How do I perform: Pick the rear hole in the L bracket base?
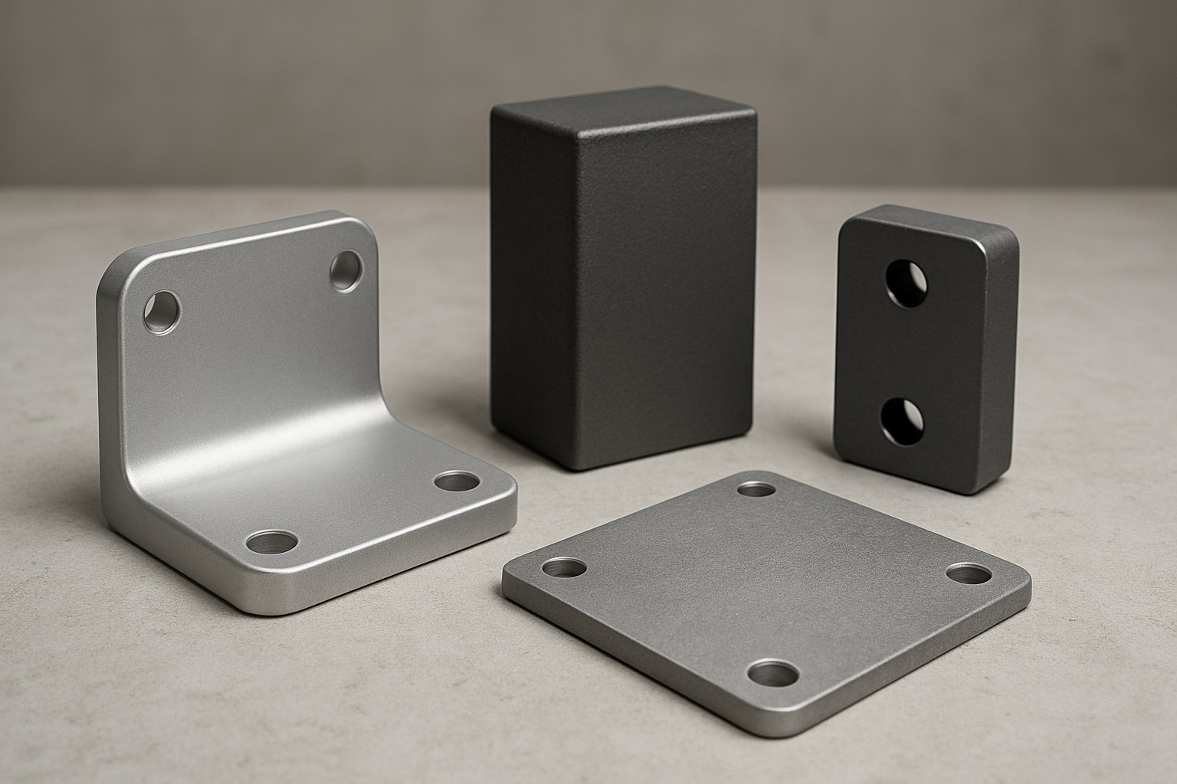[457, 482]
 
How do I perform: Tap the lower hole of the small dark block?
[902, 420]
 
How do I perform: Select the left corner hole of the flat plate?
[565, 568]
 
